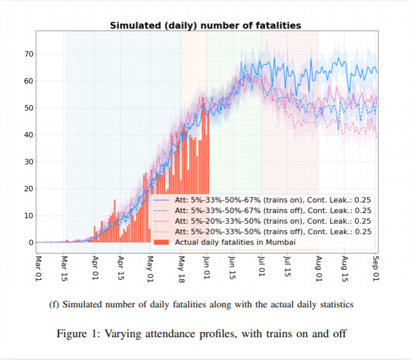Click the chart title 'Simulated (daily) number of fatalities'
(205, 25)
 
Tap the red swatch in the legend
(162, 242)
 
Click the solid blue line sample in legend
(162, 200)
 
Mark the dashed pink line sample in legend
(162, 231)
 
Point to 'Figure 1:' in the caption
(77, 334)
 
